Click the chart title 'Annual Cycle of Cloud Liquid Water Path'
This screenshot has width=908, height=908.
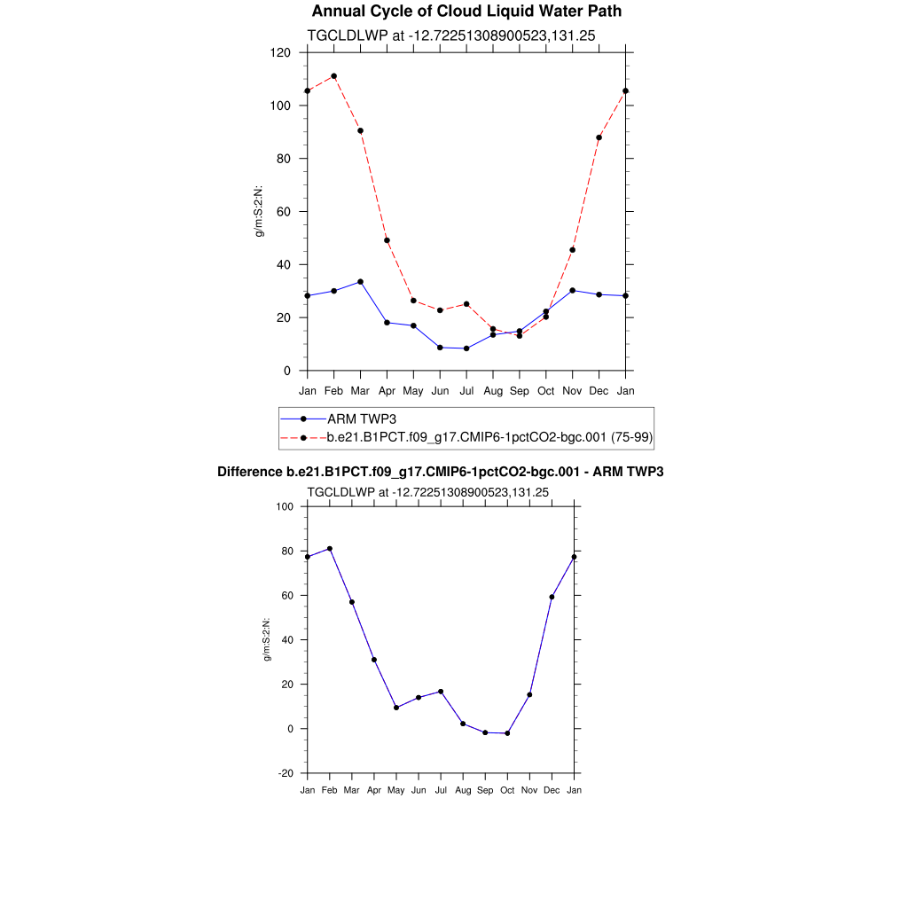point(466,12)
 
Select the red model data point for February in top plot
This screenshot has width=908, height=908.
point(333,76)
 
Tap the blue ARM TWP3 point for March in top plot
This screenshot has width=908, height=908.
point(360,282)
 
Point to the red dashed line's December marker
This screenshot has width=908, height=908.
point(599,137)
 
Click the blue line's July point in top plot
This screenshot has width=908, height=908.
point(466,348)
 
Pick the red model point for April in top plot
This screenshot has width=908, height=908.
point(387,240)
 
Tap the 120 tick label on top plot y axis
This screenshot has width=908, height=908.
point(281,52)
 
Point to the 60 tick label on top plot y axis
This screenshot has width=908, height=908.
point(285,212)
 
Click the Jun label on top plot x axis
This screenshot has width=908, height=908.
point(440,391)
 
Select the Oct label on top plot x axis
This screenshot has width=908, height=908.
point(546,391)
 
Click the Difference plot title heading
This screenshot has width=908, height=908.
point(441,472)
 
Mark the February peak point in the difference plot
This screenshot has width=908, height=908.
point(330,549)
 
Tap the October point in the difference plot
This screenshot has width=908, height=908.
point(507,733)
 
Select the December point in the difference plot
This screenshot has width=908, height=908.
point(552,597)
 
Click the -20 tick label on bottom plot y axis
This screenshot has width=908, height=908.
point(285,773)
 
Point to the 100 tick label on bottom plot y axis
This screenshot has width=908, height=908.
point(285,506)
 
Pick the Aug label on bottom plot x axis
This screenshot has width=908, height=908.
point(463,790)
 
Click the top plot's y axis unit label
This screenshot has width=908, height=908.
point(260,211)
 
